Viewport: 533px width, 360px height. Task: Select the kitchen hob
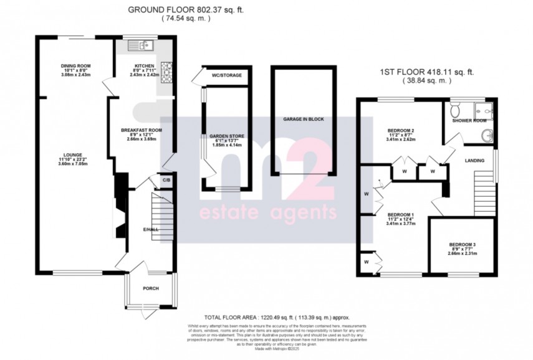(166, 68)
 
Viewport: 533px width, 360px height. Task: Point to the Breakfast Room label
(141, 130)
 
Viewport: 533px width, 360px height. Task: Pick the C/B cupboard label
(166, 181)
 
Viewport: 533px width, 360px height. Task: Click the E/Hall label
(150, 229)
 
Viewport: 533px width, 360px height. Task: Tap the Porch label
(150, 288)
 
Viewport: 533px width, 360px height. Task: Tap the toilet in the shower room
(456, 111)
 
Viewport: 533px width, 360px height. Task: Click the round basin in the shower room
(487, 134)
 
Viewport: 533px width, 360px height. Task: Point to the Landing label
(476, 161)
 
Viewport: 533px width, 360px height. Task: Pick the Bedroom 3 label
(463, 245)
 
